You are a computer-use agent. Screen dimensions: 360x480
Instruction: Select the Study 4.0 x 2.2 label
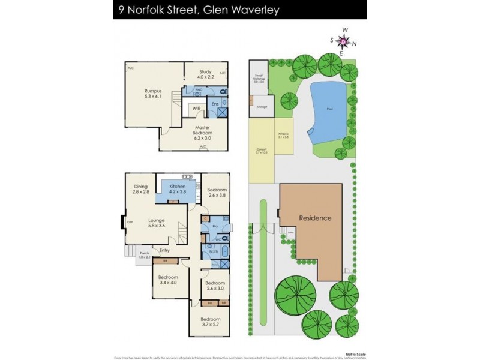click(x=206, y=74)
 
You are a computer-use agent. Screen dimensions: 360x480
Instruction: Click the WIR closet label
click(x=196, y=109)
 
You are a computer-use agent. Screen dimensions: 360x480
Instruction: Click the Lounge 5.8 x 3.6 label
click(x=156, y=223)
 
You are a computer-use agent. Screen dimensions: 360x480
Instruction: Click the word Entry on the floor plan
click(x=164, y=250)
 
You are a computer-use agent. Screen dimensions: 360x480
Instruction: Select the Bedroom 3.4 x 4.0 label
click(x=168, y=280)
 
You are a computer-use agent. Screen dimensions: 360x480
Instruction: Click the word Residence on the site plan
click(x=315, y=218)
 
